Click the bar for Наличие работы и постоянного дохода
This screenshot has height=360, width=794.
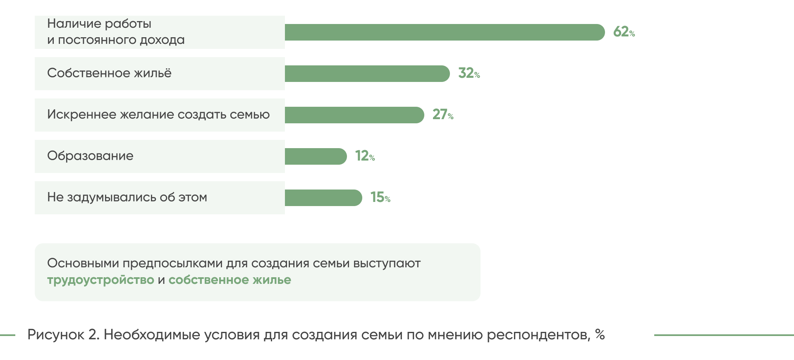(x=445, y=32)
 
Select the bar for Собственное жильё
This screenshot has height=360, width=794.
(x=367, y=74)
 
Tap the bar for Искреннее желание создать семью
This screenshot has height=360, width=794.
(x=354, y=115)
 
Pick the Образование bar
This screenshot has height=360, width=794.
(x=316, y=156)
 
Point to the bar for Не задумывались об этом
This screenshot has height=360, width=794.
(x=323, y=198)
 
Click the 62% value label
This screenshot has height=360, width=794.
(x=624, y=32)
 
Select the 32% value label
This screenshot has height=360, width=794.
(x=469, y=73)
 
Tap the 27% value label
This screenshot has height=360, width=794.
(x=442, y=115)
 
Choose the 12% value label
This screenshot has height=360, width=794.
(x=365, y=156)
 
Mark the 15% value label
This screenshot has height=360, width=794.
(x=380, y=197)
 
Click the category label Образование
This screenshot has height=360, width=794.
(x=90, y=156)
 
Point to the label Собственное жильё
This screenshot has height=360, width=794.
(x=109, y=73)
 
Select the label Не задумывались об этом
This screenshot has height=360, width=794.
(x=127, y=197)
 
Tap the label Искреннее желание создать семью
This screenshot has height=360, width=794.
(x=158, y=115)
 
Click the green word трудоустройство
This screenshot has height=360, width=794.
(x=100, y=280)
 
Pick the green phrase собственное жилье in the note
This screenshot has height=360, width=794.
(x=230, y=280)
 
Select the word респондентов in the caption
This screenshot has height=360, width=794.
(x=538, y=335)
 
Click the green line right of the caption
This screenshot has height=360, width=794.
(x=724, y=335)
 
